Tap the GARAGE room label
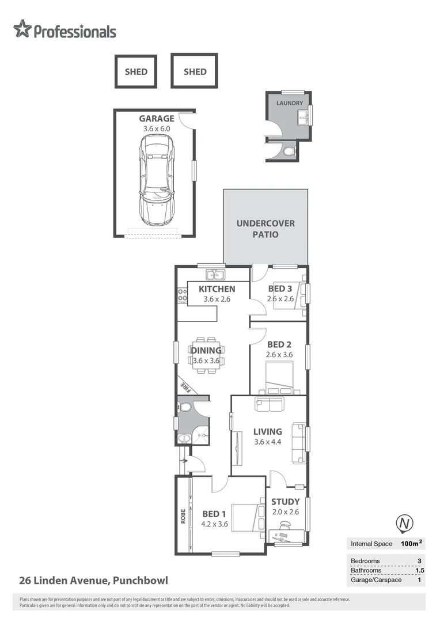[x=156, y=119]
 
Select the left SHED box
[x=136, y=71]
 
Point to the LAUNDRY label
[x=289, y=103]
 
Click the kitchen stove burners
[x=183, y=296]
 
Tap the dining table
[x=207, y=355]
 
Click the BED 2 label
[x=279, y=344]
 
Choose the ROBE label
[x=183, y=515]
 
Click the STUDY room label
[x=286, y=502]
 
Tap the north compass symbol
[x=405, y=524]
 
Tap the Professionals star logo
[x=22, y=29]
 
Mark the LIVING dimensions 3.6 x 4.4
[x=268, y=442]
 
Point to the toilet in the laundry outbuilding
[x=289, y=151]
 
